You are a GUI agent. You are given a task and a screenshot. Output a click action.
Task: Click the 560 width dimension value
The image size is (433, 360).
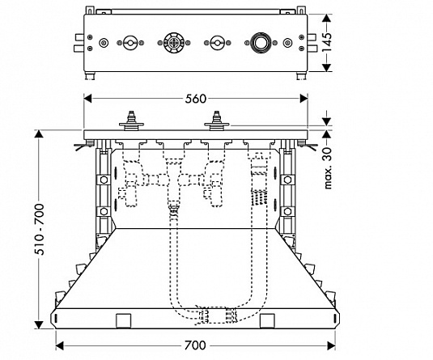pyautogui.click(x=196, y=99)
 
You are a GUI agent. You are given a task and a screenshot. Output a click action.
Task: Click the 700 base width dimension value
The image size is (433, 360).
pyautogui.click(x=195, y=345)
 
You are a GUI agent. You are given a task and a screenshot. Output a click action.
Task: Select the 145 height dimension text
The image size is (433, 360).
pyautogui.click(x=327, y=42)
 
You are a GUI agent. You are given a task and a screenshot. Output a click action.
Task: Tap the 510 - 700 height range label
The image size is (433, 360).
pyautogui.click(x=39, y=229)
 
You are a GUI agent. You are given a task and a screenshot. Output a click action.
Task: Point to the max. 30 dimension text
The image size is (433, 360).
pyautogui.click(x=327, y=168)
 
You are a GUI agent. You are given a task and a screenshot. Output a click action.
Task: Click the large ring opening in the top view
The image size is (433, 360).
pyautogui.click(x=260, y=43)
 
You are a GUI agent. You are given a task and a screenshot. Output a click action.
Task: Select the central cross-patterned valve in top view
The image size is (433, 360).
pyautogui.click(x=174, y=43)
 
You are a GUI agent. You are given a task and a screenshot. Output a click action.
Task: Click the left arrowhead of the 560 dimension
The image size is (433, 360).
pyautogui.click(x=87, y=99)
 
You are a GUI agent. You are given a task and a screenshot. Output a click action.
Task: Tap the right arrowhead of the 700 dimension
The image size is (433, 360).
pyautogui.click(x=331, y=345)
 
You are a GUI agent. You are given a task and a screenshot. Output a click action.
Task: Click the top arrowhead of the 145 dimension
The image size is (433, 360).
pyautogui.click(x=327, y=19)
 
